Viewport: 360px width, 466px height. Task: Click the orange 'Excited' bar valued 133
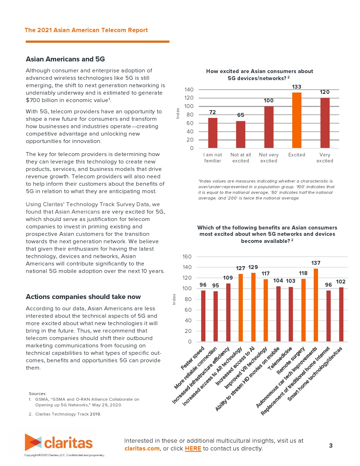(296, 120)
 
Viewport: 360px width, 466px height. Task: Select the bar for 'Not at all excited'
(241, 134)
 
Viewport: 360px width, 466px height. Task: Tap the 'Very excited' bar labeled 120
(325, 123)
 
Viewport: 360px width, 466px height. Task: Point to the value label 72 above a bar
(212, 112)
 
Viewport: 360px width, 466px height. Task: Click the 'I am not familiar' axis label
(213, 158)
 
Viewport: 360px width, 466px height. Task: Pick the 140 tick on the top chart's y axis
(189, 90)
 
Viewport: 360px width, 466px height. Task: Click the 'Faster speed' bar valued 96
(203, 316)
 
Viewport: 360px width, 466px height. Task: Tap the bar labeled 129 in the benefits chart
(253, 307)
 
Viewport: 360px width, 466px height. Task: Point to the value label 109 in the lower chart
(228, 278)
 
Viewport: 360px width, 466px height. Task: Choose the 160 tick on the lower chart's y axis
(187, 257)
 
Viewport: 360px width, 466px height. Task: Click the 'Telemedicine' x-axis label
(280, 358)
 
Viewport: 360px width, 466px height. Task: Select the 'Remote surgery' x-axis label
(290, 361)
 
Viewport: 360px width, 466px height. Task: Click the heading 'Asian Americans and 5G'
(65, 59)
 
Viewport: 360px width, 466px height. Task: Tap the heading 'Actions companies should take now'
(83, 297)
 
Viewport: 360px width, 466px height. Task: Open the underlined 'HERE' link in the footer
(193, 449)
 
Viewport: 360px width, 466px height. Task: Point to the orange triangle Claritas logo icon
(33, 442)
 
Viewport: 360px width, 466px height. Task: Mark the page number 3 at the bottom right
(331, 446)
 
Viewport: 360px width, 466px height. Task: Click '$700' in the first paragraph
(33, 100)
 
